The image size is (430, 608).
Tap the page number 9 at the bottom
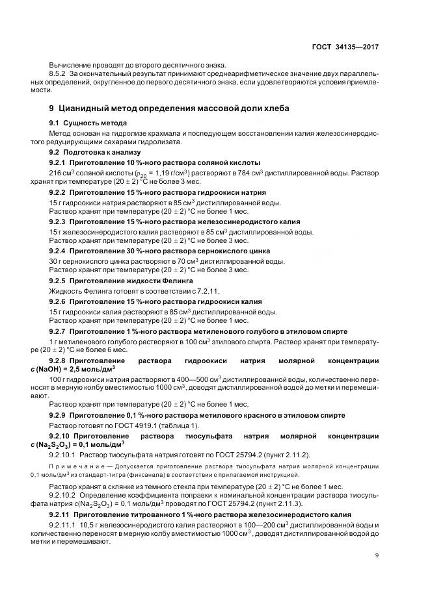pyautogui.click(x=377, y=555)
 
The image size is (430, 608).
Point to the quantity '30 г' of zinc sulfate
pyautogui.click(x=56, y=261)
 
